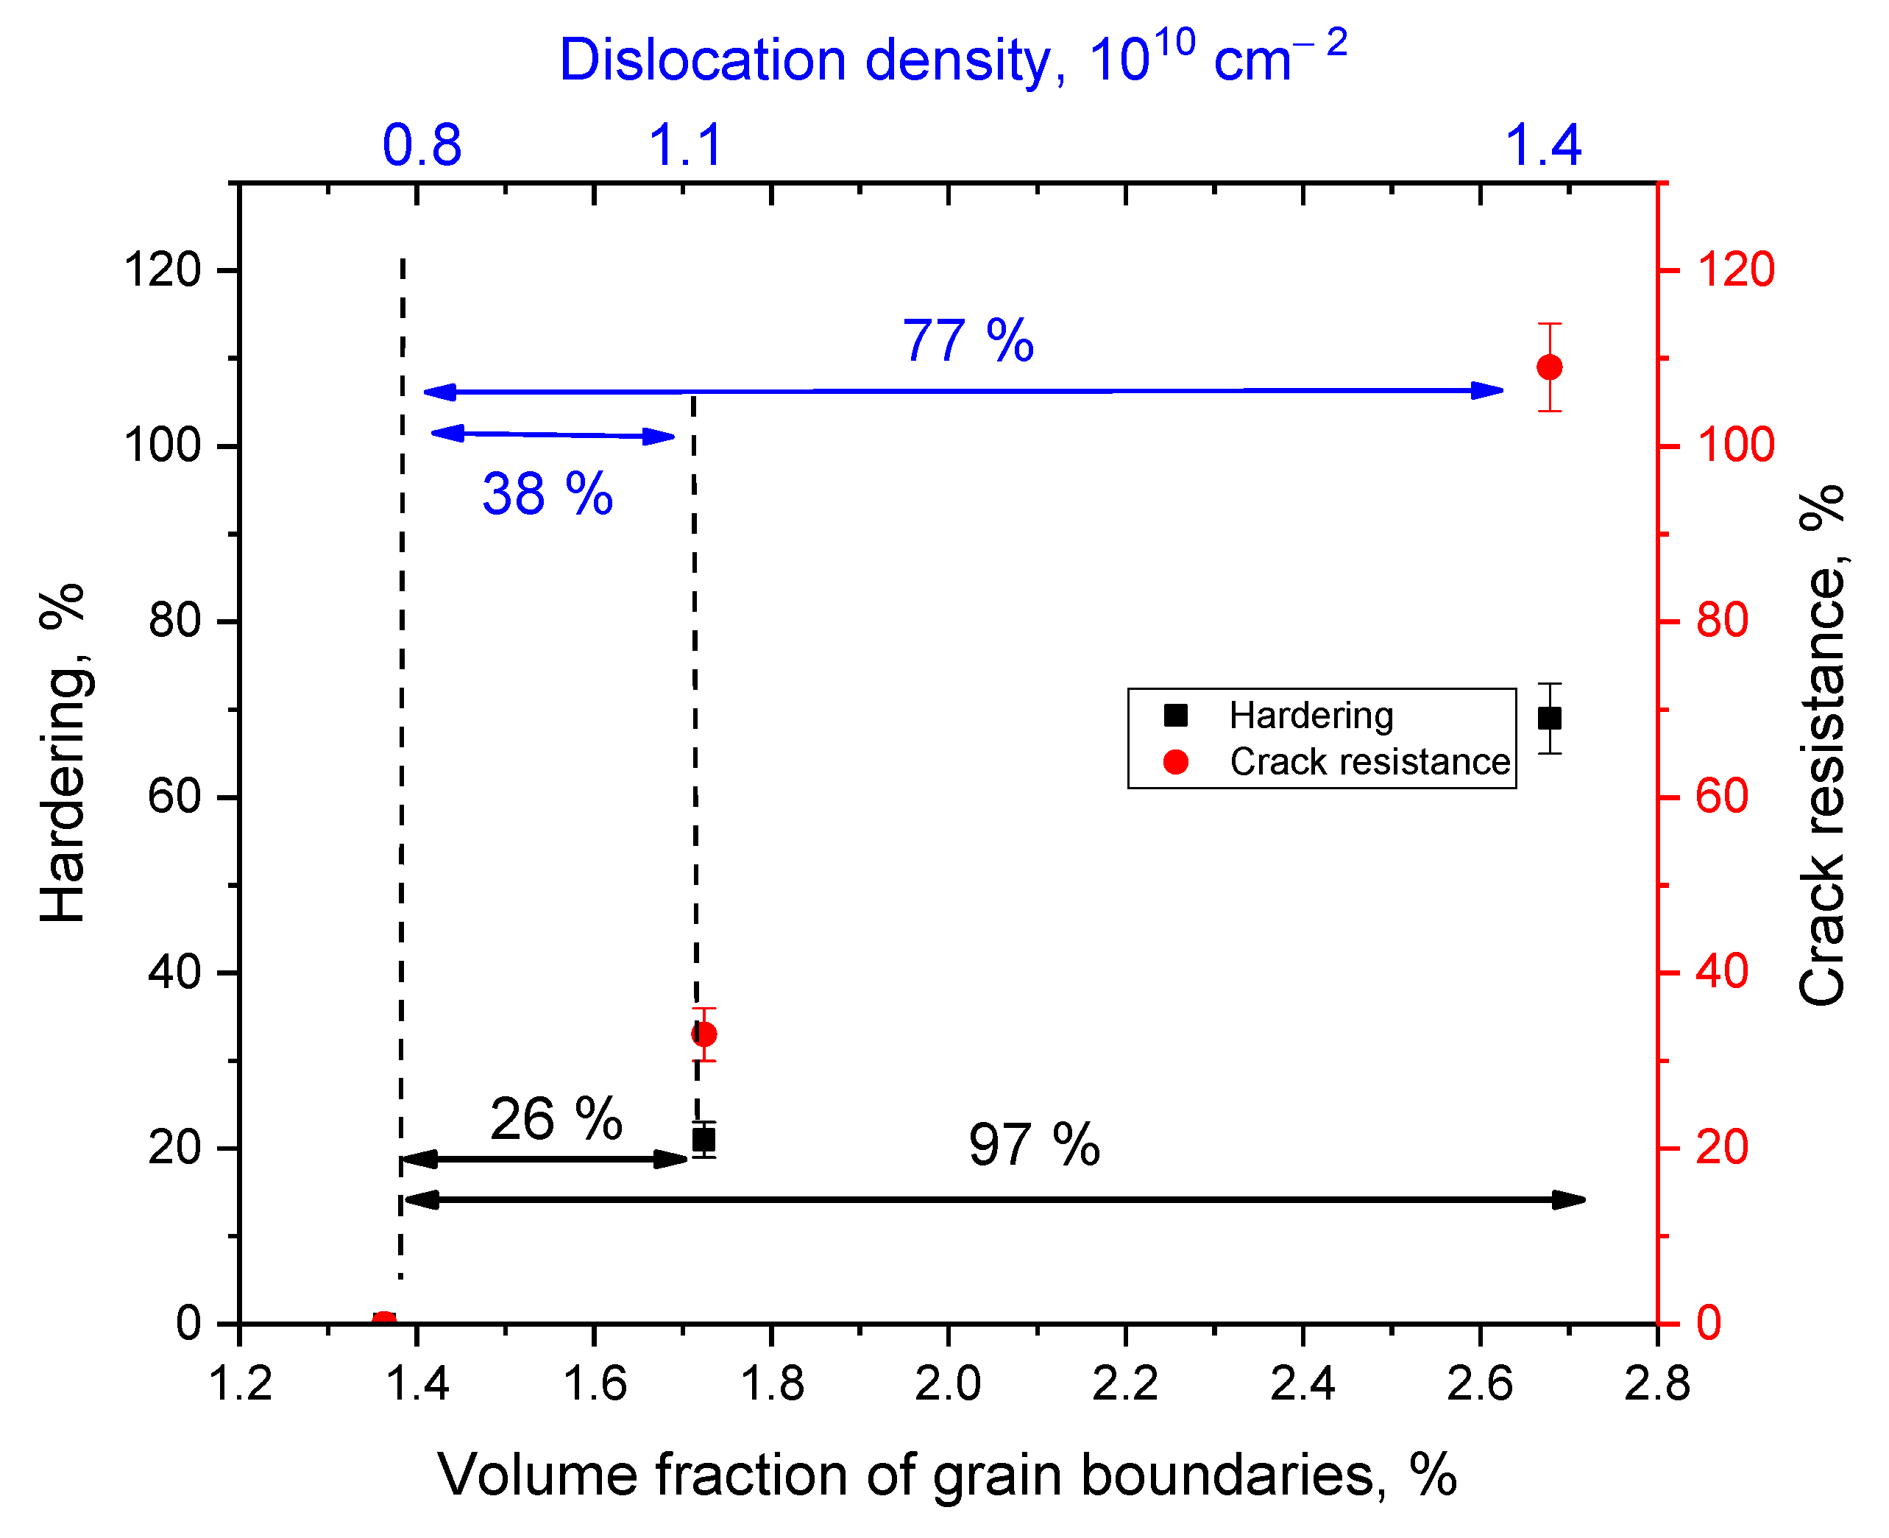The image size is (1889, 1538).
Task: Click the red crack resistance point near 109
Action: coord(1549,367)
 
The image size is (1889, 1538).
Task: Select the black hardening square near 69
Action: coord(1549,718)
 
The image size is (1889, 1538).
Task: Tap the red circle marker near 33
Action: coord(704,1034)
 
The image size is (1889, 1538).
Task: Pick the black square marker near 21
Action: coord(703,1139)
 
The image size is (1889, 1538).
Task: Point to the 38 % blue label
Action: coord(547,493)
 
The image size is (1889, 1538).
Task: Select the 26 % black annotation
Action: coord(556,1119)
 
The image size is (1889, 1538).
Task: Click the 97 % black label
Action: coord(1033,1145)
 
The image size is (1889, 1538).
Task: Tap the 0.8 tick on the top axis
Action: coord(422,147)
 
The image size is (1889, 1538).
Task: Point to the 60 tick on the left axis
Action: coord(174,797)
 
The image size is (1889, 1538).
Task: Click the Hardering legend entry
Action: coord(1311,715)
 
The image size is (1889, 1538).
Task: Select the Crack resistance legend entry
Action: coord(1368,762)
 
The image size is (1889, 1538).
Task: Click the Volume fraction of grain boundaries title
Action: coord(947,1476)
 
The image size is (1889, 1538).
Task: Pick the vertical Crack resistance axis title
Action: coord(1823,745)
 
